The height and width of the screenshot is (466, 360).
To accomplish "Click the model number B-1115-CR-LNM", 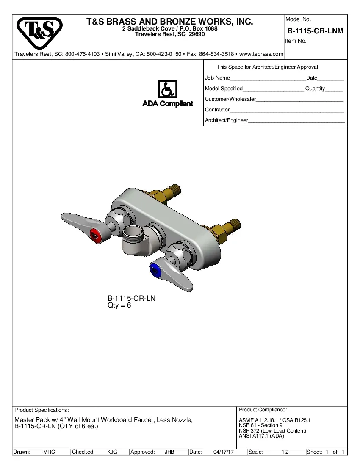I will [x=315, y=31].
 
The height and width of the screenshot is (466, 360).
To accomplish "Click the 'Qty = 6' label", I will [x=119, y=305].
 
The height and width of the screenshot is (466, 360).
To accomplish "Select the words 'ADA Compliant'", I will [x=168, y=104].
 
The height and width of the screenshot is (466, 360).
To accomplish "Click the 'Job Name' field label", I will [x=217, y=78].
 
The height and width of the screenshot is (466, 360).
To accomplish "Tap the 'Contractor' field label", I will [x=217, y=110].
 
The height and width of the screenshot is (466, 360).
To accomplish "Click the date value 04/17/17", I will [x=224, y=452].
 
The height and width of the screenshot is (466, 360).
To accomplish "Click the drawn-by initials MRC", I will [x=49, y=452].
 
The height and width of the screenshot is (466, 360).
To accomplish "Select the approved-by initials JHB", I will [x=169, y=452].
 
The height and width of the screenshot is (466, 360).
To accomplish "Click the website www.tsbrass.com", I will [x=261, y=54].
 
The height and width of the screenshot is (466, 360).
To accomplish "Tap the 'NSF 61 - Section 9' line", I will [x=260, y=425].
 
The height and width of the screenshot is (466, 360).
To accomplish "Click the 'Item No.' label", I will [x=296, y=41].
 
